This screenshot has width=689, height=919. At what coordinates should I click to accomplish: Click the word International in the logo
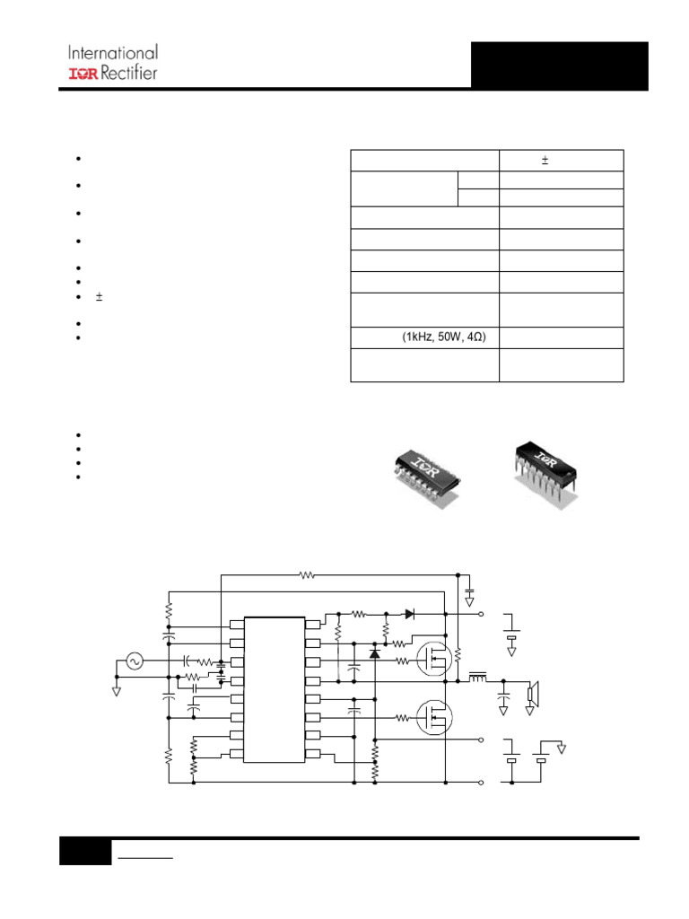coord(113,53)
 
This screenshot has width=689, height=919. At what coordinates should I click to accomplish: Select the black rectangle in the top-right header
coord(559,66)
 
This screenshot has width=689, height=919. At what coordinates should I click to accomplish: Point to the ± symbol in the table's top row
coord(545,161)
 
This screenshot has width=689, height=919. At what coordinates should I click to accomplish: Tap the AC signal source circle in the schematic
coord(135,661)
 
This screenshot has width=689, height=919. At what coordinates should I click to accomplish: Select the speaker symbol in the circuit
coord(533,692)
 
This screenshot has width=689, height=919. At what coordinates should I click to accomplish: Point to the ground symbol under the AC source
coord(117,690)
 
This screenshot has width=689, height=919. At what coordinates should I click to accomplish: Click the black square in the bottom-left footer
coord(85,852)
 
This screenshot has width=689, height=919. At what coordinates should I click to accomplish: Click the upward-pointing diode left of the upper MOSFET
coord(374,652)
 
